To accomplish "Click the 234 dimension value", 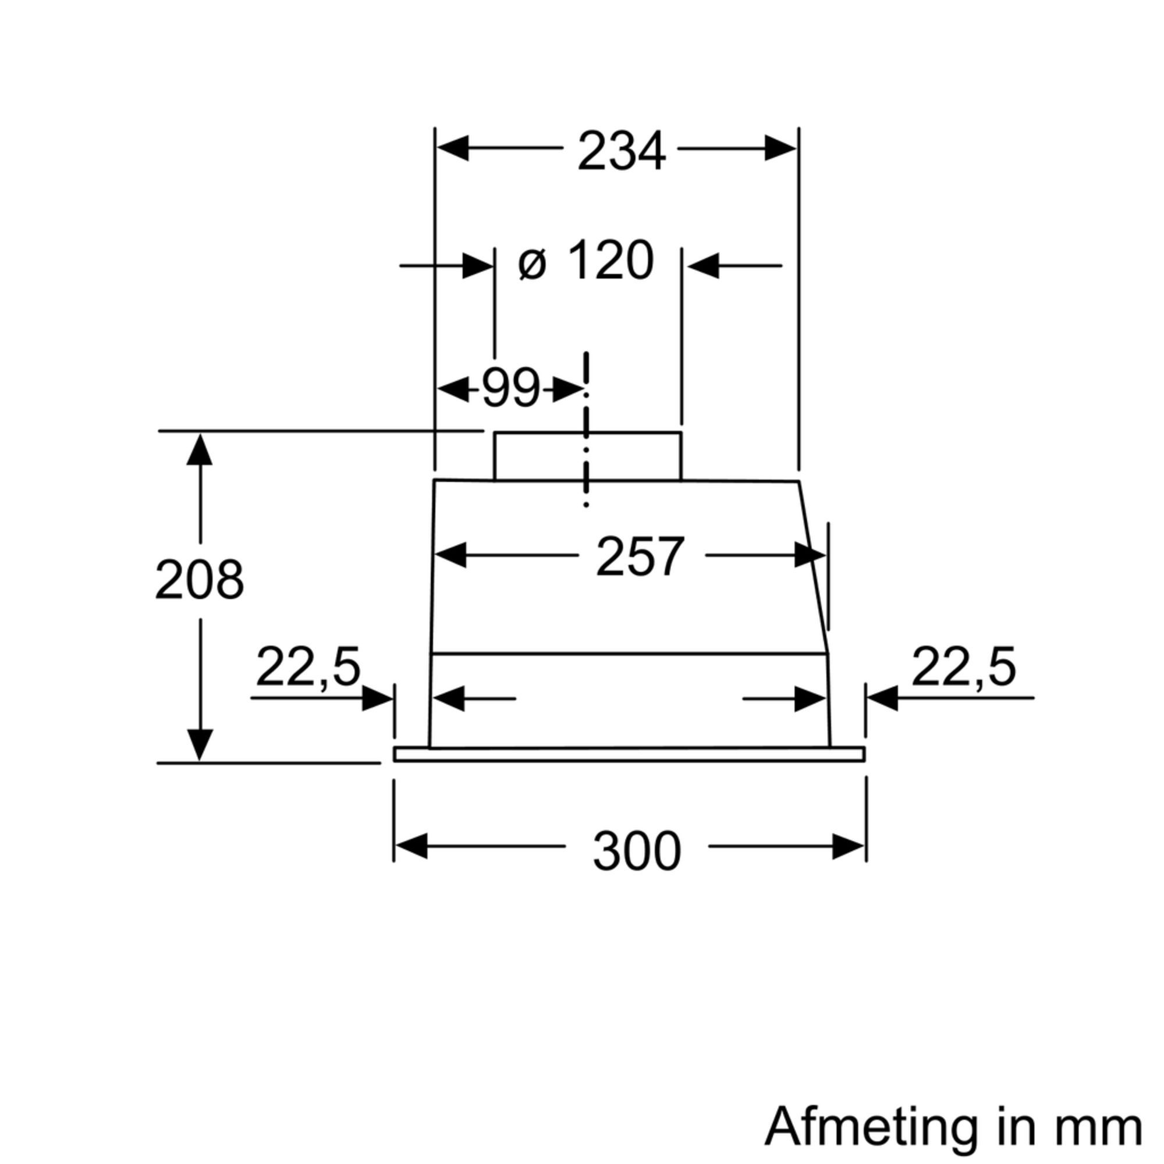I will click(621, 151).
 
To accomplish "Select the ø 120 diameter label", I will click(585, 261).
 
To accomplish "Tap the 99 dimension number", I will click(511, 389).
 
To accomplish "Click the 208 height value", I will click(200, 580).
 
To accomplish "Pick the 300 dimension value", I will click(637, 851).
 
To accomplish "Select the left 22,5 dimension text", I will click(308, 667).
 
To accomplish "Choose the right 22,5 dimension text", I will click(963, 667).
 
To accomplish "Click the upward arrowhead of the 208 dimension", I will click(200, 449).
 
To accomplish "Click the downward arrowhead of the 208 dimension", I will click(200, 745).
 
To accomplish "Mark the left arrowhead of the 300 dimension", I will click(411, 846).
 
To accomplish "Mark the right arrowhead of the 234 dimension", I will click(780, 148).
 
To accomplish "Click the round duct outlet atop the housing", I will click(587, 456).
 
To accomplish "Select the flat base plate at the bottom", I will click(629, 754).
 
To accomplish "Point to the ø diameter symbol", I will click(532, 264).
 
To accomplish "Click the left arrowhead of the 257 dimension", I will click(450, 555).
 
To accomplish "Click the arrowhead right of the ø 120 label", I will click(703, 265).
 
